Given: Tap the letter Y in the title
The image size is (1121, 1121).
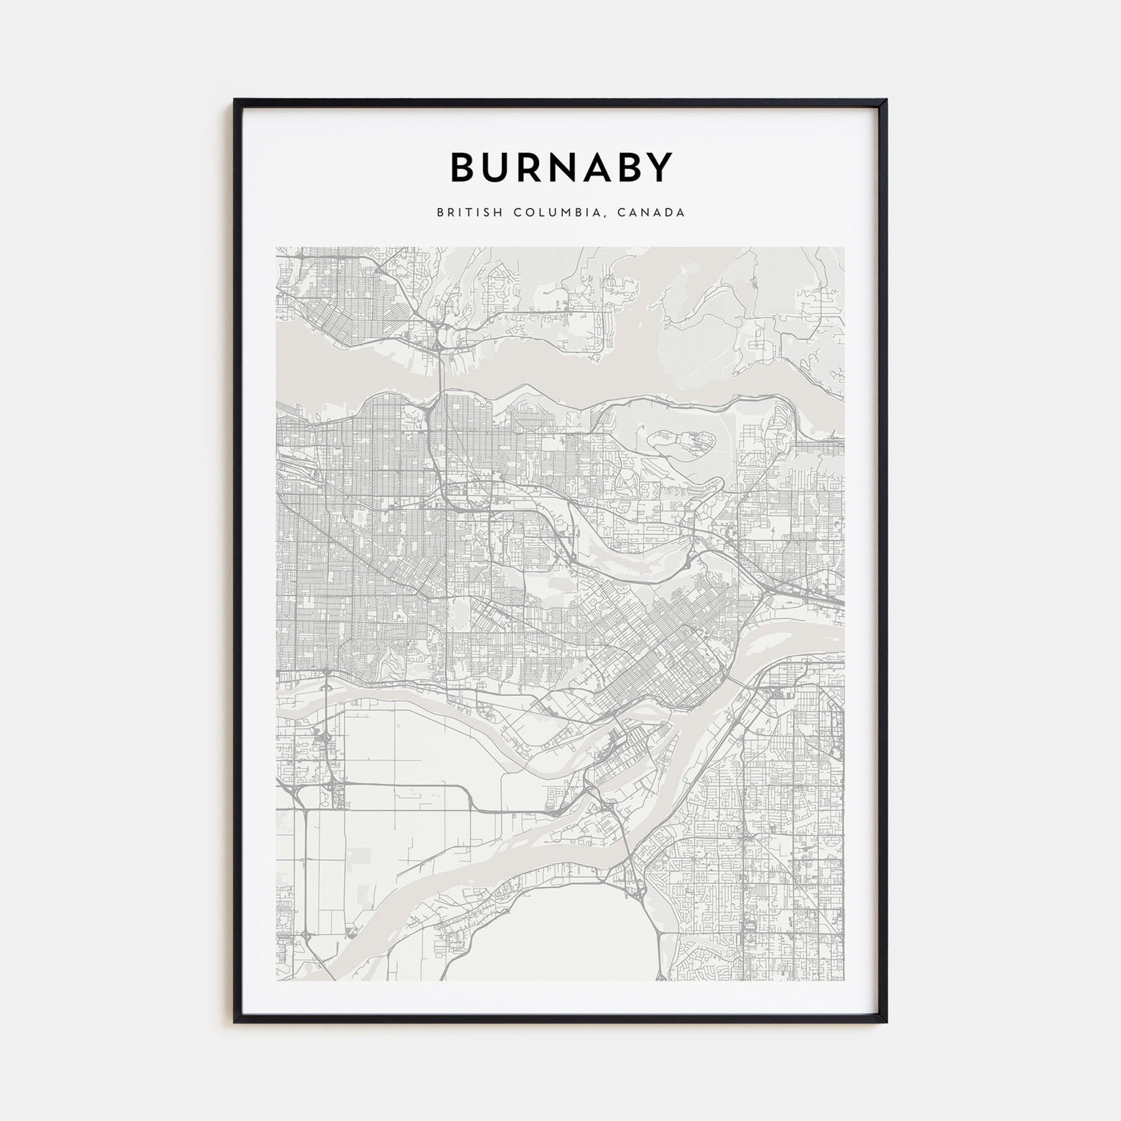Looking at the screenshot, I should click(x=659, y=167).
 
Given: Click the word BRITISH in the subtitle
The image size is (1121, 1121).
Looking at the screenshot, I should click(x=464, y=213).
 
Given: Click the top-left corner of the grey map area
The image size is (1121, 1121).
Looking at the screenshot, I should click(x=277, y=247).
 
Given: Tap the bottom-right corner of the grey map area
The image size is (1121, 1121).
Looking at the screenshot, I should click(x=844, y=980).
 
